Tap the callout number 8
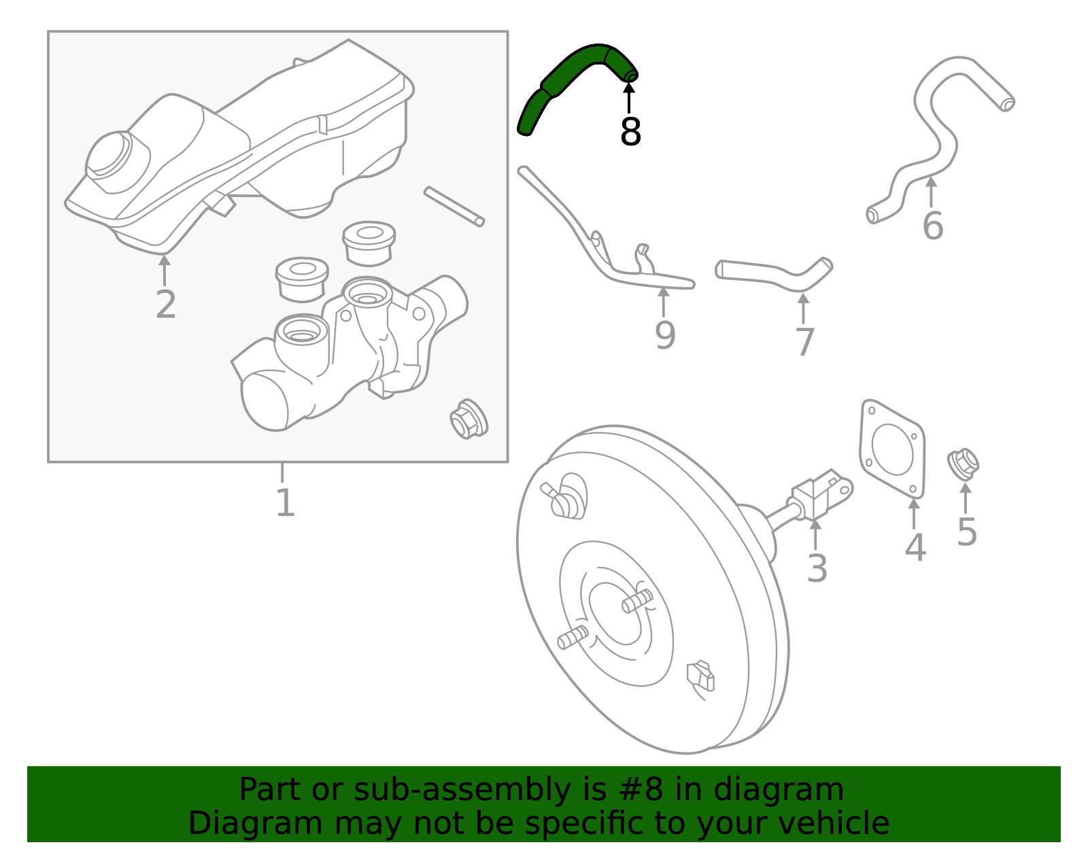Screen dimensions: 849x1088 pyautogui.click(x=630, y=132)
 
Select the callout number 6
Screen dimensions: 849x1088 pyautogui.click(x=932, y=226)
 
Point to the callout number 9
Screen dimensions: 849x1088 pyautogui.click(x=664, y=335)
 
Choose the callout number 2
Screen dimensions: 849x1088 pyautogui.click(x=165, y=305)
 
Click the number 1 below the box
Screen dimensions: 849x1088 pyautogui.click(x=285, y=504)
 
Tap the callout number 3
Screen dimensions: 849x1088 pyautogui.click(x=817, y=568)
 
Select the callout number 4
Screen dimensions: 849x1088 pyautogui.click(x=915, y=548)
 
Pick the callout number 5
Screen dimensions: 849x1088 pyautogui.click(x=966, y=532)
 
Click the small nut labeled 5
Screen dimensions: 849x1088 pyautogui.click(x=963, y=464)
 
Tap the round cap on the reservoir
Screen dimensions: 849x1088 pyautogui.click(x=109, y=154)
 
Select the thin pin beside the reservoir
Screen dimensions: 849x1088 pyautogui.click(x=454, y=206)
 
